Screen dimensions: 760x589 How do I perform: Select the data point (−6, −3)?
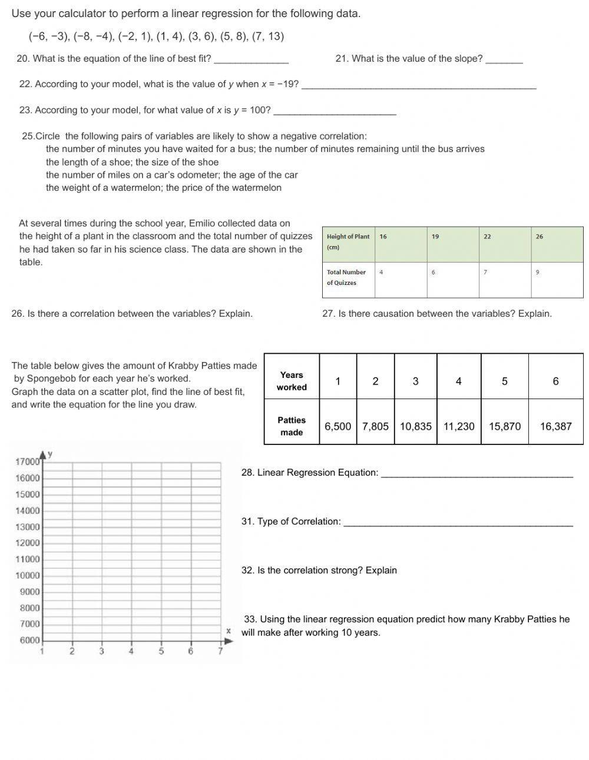[x=49, y=36]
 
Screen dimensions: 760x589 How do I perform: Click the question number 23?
[x=25, y=110]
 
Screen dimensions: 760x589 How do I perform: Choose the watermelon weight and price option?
[x=164, y=188]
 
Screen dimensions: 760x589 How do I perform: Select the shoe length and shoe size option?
[x=132, y=162]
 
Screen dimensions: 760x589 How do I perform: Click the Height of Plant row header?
[x=348, y=242]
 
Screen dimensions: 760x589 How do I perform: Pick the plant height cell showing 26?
[x=540, y=237]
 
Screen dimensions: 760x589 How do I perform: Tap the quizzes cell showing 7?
[x=485, y=272]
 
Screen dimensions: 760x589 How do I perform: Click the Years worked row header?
[x=292, y=381]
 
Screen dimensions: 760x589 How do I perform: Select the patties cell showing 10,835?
[x=415, y=426]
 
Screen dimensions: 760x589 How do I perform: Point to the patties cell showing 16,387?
[x=555, y=426]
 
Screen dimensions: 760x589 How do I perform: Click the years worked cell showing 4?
[x=458, y=381]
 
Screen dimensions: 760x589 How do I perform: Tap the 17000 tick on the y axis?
[x=27, y=462]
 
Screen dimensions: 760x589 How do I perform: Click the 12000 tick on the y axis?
[x=27, y=543]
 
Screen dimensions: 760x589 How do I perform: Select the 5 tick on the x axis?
[x=161, y=651]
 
